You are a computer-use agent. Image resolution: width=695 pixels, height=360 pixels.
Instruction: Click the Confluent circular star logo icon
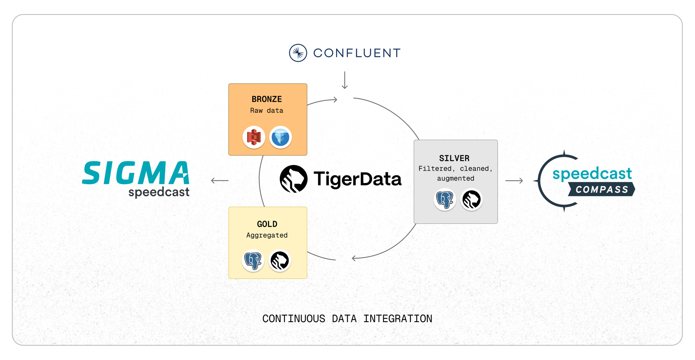[x=298, y=53]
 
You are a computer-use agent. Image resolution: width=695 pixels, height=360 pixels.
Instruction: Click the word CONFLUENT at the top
[x=357, y=53]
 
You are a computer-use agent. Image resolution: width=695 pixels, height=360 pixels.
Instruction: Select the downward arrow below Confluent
[x=344, y=80]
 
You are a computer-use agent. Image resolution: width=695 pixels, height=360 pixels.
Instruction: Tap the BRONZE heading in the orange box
[x=267, y=99]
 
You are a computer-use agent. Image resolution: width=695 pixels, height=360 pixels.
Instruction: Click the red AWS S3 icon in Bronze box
[x=254, y=137]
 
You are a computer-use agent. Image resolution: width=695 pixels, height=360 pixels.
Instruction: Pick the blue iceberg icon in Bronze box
[x=280, y=137]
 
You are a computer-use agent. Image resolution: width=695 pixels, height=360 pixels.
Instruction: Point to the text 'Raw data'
[x=267, y=111]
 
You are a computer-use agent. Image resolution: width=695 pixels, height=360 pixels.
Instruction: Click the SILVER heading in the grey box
[x=454, y=158]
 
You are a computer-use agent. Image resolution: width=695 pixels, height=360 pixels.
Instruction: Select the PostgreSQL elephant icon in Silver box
[x=445, y=199]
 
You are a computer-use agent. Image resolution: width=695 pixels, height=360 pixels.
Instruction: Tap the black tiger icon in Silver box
[x=472, y=199]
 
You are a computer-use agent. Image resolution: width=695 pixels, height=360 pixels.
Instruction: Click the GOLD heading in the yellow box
[x=267, y=224]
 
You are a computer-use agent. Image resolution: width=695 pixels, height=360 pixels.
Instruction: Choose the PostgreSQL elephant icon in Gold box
[x=253, y=261]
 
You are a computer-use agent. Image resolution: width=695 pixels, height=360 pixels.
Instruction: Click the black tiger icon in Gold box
[x=280, y=261]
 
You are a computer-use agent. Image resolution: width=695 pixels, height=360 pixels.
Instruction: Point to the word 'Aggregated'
[x=267, y=235]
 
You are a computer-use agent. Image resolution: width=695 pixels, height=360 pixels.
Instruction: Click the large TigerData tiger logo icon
[x=294, y=179]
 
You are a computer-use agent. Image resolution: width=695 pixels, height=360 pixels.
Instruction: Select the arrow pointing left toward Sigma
[x=220, y=181]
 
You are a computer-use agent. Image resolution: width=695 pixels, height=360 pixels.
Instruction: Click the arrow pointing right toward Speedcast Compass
[x=514, y=181]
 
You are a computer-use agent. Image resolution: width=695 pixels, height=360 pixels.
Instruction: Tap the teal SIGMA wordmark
[x=136, y=173]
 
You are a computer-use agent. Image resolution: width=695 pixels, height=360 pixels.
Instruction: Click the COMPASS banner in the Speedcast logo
[x=602, y=189]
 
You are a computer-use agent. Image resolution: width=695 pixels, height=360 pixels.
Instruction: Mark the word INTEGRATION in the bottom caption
[x=398, y=319]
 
